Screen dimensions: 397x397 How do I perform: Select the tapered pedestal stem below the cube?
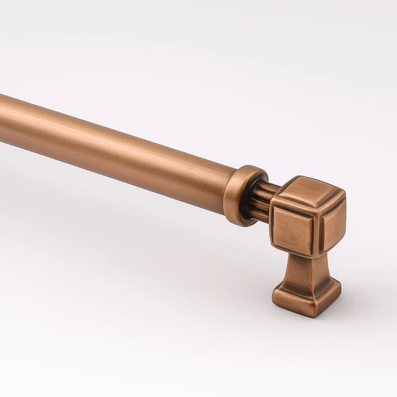306,272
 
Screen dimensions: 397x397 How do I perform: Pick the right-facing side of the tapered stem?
319,275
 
